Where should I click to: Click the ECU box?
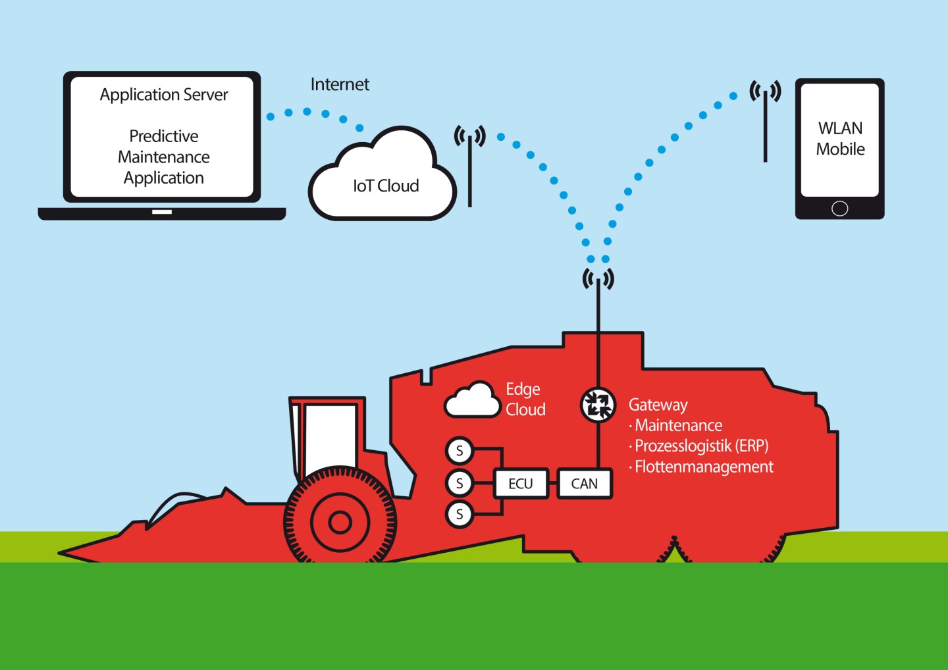521,483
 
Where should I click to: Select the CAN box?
585,483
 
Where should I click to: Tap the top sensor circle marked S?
460,451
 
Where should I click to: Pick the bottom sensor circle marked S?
460,514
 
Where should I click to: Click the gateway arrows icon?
598,405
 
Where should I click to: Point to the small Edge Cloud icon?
473,400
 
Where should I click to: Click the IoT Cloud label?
386,186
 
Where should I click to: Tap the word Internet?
340,85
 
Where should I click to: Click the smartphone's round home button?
839,209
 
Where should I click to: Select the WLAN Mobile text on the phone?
841,138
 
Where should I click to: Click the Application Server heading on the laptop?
164,95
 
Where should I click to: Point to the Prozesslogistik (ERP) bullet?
698,446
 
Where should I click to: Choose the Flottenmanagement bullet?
701,467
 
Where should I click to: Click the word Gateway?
658,405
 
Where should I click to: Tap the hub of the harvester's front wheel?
340,523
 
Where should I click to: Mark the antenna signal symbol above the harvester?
598,279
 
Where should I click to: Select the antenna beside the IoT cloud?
470,166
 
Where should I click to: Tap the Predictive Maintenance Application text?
164,157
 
